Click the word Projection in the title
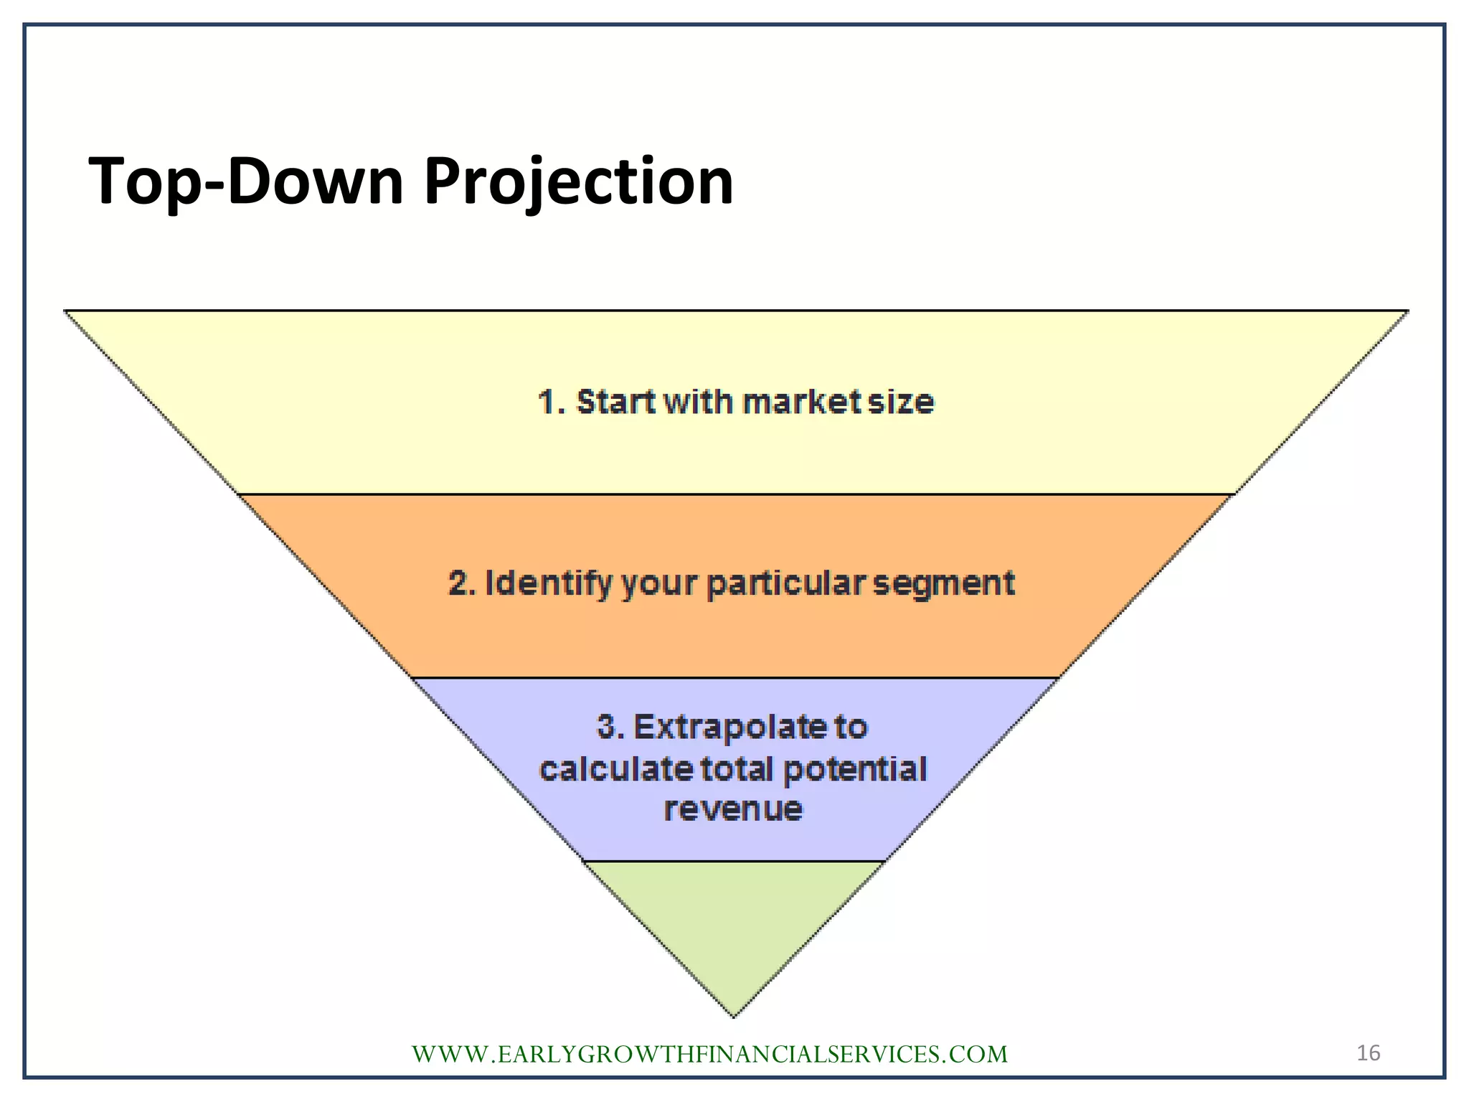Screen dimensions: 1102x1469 click(x=578, y=182)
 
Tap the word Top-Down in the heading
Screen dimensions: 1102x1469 click(x=246, y=182)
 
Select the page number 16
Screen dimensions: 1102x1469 click(x=1368, y=1052)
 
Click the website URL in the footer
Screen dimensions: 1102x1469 click(x=709, y=1054)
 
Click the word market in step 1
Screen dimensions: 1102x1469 click(x=802, y=402)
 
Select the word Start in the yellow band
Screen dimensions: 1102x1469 click(x=616, y=402)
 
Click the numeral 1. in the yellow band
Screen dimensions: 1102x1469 click(x=552, y=402)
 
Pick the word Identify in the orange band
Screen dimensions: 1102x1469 click(x=549, y=583)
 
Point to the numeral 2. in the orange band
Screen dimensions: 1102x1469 click(x=462, y=583)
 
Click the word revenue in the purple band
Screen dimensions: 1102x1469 click(x=733, y=809)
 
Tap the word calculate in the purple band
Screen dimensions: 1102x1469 click(x=615, y=769)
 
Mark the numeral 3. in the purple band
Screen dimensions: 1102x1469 click(x=610, y=727)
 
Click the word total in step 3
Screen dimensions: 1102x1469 click(x=737, y=769)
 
